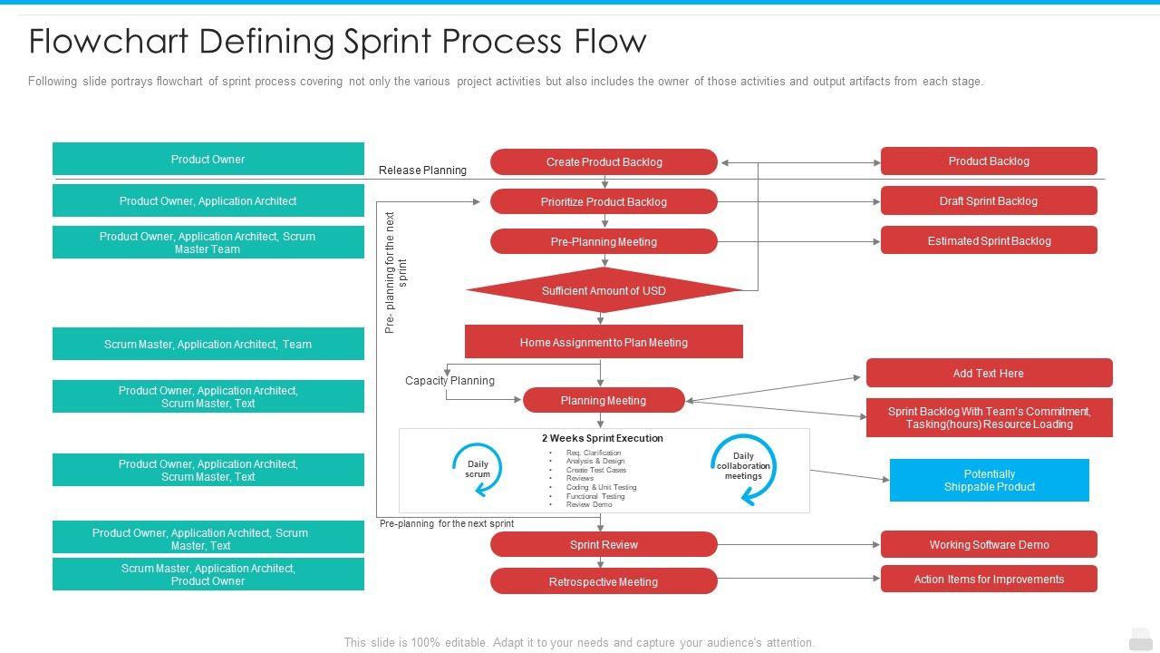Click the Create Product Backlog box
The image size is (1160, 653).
[604, 161]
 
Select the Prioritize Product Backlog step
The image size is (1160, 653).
[604, 201]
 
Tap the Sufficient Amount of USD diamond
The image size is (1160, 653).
[604, 290]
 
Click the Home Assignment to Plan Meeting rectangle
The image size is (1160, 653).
[604, 342]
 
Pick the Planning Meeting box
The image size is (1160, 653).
[604, 400]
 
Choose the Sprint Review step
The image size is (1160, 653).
[604, 544]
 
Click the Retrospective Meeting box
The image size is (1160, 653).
[604, 581]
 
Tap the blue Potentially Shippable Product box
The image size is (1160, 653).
[989, 480]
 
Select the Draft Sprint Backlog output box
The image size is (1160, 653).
[989, 200]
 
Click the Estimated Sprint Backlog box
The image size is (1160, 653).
[989, 240]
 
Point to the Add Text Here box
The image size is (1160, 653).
[989, 373]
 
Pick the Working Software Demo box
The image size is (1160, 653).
[989, 544]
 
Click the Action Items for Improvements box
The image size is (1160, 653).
[989, 579]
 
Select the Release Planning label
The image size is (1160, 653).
[422, 170]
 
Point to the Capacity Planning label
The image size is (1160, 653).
[449, 380]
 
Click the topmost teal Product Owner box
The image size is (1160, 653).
[208, 159]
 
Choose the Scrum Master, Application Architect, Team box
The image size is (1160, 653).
[208, 344]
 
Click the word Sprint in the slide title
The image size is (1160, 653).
[387, 42]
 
